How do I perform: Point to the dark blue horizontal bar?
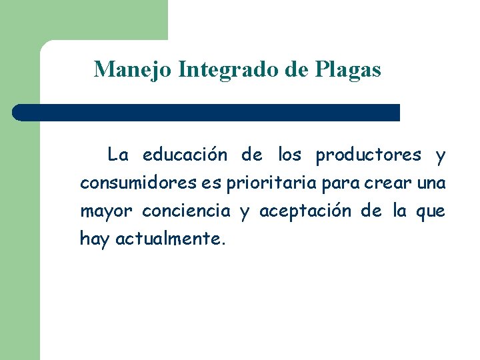coord(207,112)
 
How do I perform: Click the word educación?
coord(185,155)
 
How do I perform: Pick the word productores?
coord(369,155)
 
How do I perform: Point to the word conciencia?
coord(187,211)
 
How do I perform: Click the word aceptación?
coord(305,211)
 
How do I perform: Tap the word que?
coord(431,212)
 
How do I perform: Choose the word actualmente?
coord(171,239)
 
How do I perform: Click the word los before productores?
coord(290,155)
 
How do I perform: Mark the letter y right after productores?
coord(440,157)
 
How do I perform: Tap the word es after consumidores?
coord(210,183)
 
